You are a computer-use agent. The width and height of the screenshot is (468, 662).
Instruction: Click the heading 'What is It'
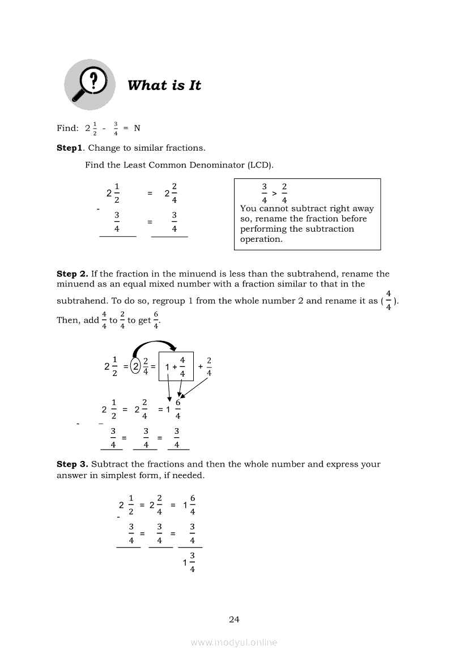(x=164, y=86)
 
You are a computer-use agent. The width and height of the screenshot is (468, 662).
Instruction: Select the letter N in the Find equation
(x=137, y=128)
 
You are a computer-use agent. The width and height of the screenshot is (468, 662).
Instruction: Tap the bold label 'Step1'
(x=70, y=148)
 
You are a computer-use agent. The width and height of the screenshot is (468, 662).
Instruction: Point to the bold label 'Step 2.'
(x=72, y=274)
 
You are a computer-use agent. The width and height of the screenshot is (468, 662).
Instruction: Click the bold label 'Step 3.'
(x=72, y=464)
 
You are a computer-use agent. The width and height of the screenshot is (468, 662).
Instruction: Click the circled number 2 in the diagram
(x=136, y=366)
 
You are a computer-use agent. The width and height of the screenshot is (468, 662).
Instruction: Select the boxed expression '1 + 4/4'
(x=176, y=366)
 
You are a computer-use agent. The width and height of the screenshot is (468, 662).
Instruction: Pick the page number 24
(x=234, y=620)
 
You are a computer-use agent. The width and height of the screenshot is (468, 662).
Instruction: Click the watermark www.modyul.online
(x=234, y=643)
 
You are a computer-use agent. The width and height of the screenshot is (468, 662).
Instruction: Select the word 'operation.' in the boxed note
(x=261, y=239)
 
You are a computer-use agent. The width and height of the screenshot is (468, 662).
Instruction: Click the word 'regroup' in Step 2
(x=169, y=301)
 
